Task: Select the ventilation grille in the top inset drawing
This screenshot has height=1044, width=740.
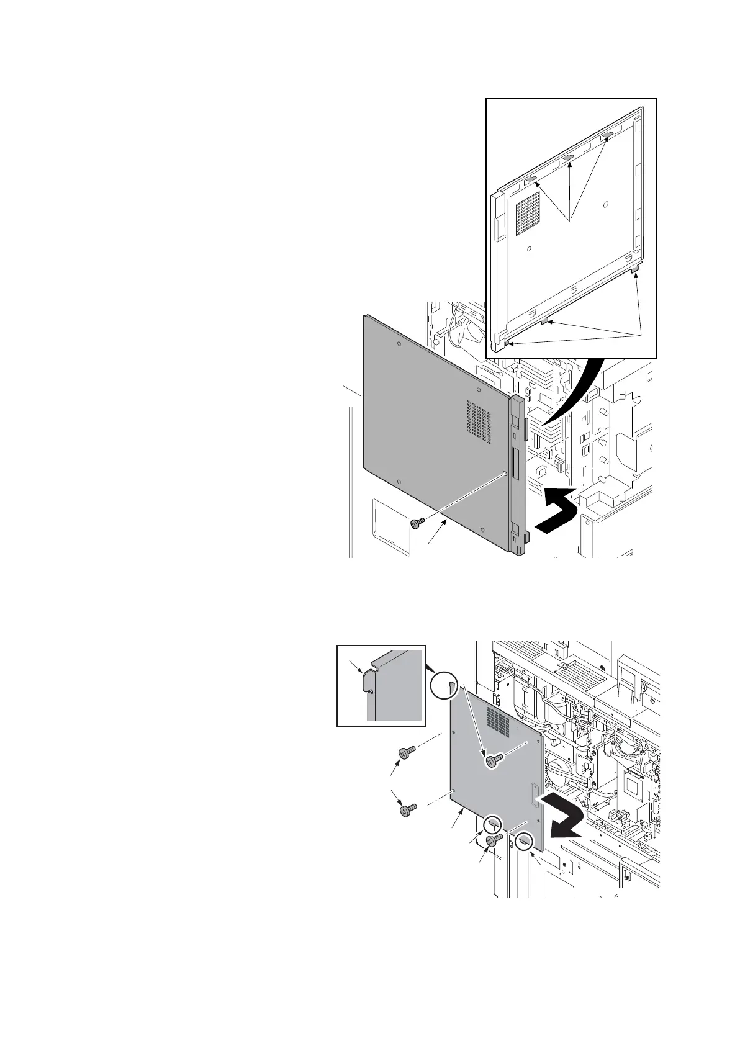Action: pos(528,213)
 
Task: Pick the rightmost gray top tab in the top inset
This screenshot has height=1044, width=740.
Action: pos(608,135)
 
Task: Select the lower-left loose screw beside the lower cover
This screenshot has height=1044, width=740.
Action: pos(407,810)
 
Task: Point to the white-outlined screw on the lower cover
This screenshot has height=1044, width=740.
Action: pos(492,760)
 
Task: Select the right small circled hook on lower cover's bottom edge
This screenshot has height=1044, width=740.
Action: pos(524,841)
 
